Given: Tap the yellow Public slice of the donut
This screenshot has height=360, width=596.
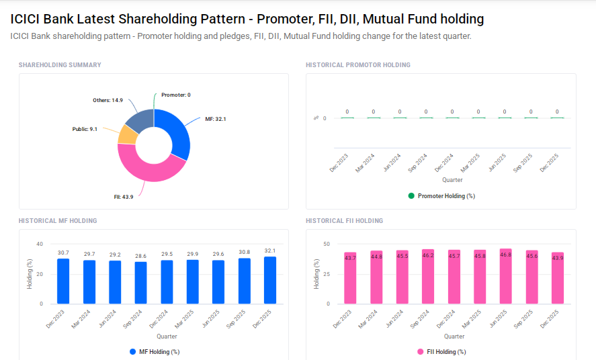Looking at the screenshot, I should (x=127, y=134).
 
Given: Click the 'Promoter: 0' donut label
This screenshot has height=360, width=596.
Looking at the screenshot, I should (x=175, y=95).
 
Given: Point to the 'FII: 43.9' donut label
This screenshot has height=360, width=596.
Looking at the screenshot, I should (x=123, y=197).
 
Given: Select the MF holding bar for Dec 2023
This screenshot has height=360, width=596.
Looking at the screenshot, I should (x=63, y=281).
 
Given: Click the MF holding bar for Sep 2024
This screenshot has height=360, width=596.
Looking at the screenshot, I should (x=141, y=282).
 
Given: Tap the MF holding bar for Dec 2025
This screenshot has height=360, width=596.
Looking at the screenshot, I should (x=270, y=279).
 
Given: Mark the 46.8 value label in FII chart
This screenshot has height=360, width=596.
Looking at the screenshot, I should (x=505, y=255).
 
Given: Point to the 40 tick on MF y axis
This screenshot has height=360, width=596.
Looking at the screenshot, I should (x=40, y=244).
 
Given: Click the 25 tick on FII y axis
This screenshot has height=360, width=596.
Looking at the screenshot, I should (x=326, y=274).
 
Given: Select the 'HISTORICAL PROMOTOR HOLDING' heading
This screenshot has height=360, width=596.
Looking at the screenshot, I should (x=357, y=65).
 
